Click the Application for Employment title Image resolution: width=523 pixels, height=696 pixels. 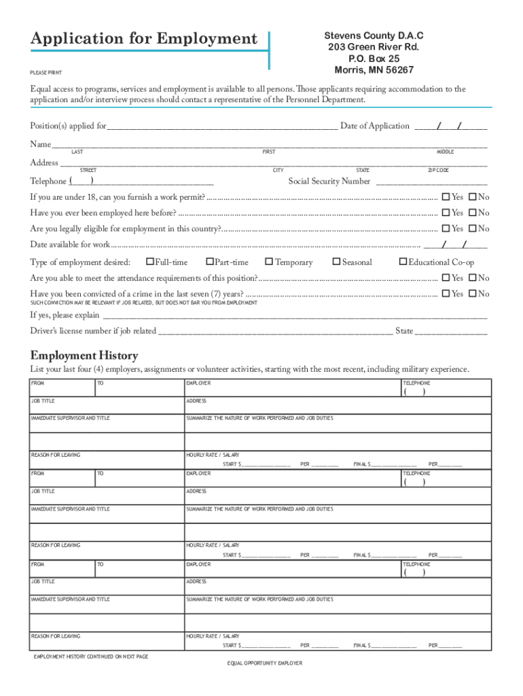[x=144, y=39]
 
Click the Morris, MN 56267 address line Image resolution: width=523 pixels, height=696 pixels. [x=374, y=70]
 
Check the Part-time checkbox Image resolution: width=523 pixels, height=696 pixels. [x=210, y=262]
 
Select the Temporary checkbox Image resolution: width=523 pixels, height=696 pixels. [x=269, y=262]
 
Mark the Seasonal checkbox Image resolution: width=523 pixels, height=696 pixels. [x=336, y=262]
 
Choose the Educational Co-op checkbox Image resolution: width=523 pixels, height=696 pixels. [x=403, y=262]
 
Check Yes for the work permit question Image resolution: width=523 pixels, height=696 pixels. [x=446, y=197]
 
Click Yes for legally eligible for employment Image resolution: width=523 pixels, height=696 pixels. [x=446, y=229]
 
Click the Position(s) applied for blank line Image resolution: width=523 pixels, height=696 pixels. [x=222, y=126]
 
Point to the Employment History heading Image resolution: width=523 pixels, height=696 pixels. [x=84, y=355]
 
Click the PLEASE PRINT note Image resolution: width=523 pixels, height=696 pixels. [x=46, y=71]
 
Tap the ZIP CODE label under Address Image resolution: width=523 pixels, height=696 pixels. [x=438, y=170]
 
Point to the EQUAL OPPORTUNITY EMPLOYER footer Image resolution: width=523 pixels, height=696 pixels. [x=264, y=663]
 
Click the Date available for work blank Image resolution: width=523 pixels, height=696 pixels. [x=456, y=245]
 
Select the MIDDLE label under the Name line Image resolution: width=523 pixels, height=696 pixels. [x=445, y=152]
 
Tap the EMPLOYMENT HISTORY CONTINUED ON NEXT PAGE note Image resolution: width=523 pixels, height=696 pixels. [x=91, y=657]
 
